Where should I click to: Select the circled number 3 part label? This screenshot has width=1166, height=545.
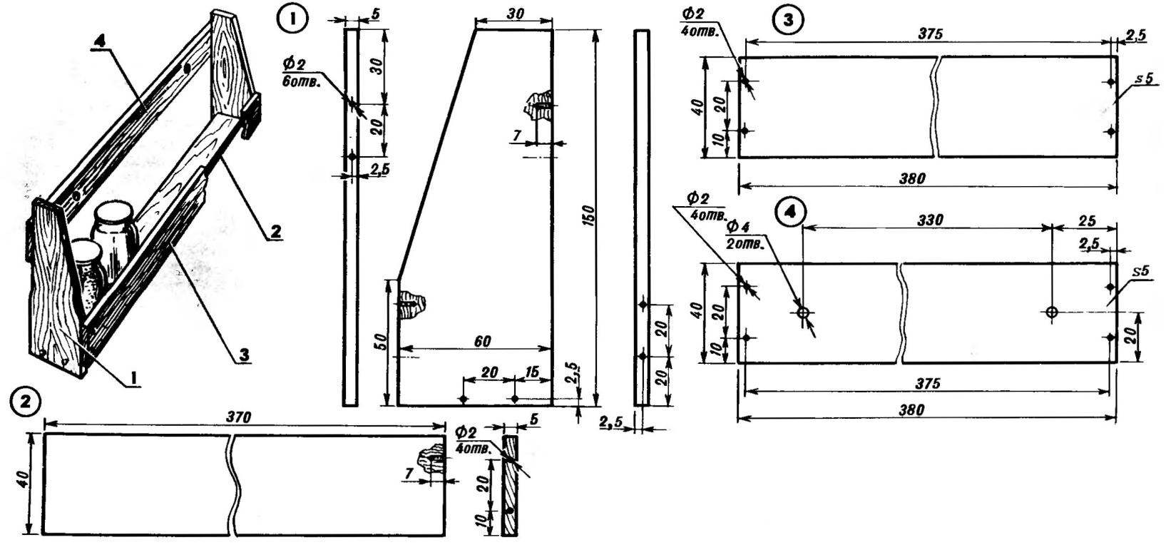click(789, 20)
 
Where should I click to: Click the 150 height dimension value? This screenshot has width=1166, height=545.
click(588, 218)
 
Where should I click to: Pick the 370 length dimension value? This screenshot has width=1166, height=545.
click(239, 417)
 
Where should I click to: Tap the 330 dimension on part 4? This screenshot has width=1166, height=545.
click(930, 220)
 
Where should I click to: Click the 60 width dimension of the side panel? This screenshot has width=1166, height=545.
click(482, 341)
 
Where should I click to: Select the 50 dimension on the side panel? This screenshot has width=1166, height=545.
click(382, 343)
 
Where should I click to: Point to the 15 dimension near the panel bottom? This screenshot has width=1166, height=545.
click(531, 372)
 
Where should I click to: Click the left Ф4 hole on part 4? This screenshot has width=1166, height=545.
click(803, 312)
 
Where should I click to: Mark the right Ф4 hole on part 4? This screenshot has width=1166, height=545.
click(1052, 312)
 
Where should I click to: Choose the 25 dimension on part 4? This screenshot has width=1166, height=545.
click(1086, 220)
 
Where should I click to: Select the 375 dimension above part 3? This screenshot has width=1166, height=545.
click(930, 34)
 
